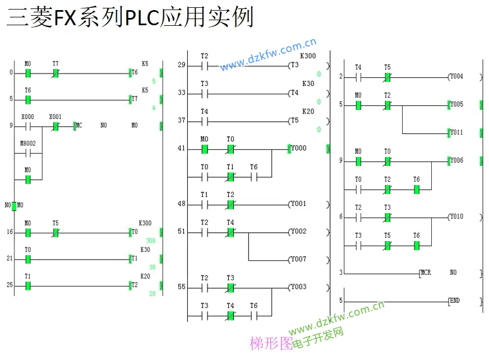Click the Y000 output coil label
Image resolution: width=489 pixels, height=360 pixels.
[x=298, y=149]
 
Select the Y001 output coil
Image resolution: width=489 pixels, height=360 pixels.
[x=298, y=204]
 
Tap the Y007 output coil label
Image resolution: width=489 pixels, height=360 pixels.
[x=298, y=260]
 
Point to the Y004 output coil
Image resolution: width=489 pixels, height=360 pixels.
[x=456, y=76]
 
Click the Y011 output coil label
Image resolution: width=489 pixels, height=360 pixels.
[x=456, y=133]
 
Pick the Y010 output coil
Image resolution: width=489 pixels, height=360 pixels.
[x=456, y=216]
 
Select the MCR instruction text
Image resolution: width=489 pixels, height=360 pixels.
[x=427, y=273]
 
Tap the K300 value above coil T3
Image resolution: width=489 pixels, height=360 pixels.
[x=308, y=56]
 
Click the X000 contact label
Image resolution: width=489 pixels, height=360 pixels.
[x=27, y=117]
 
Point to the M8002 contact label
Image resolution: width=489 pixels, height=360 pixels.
[x=27, y=144]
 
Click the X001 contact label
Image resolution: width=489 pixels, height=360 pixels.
[x=55, y=117]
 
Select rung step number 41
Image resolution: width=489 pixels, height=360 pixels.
[x=181, y=149]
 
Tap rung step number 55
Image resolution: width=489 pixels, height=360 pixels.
[x=181, y=287]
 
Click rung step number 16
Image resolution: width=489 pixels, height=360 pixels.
[x=10, y=232]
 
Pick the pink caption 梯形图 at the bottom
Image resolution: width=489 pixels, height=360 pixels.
[x=271, y=343]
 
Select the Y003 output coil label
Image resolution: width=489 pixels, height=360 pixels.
[x=298, y=287]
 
